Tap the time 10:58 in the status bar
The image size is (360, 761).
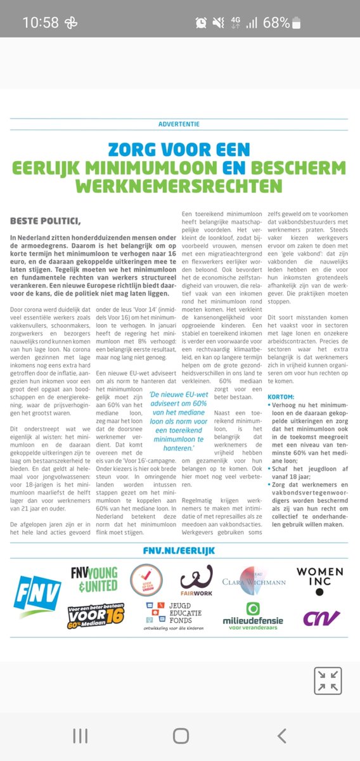tap(41, 23)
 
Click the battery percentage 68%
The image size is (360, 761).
tap(276, 23)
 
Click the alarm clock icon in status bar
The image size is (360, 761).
tap(202, 23)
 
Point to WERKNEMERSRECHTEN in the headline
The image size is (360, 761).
tap(180, 186)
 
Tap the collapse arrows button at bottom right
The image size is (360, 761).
tap(328, 680)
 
